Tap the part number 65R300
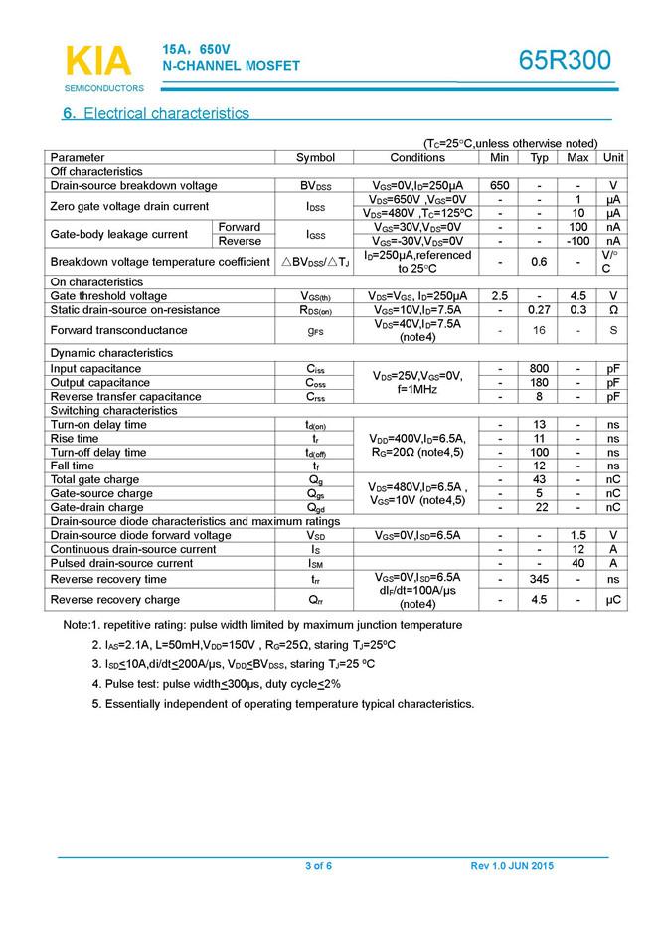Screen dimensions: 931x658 click(x=565, y=61)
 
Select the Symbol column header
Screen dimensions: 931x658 click(x=316, y=158)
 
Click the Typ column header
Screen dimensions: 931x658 click(x=540, y=158)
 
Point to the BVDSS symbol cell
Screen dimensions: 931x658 click(x=316, y=186)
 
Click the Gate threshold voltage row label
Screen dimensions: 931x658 click(x=108, y=296)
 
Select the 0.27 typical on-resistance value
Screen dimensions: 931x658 click(x=540, y=310)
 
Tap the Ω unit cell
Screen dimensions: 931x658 click(x=613, y=310)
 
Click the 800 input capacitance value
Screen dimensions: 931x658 click(x=540, y=369)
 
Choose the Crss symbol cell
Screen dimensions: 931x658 click(x=316, y=397)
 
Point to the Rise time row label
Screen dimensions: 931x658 click(x=75, y=439)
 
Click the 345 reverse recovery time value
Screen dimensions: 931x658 click(x=540, y=579)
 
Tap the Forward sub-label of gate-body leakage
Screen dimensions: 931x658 click(x=240, y=228)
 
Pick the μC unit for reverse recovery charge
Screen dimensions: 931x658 click(x=613, y=600)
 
